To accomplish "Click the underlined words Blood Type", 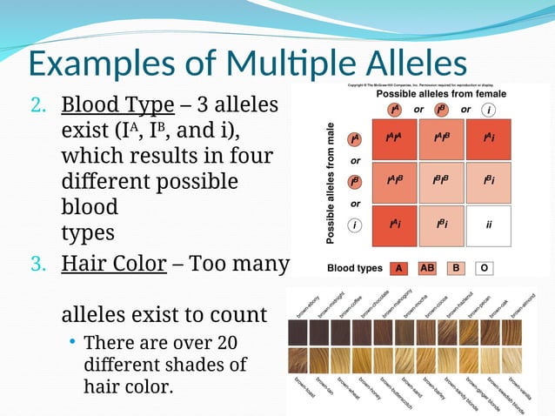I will pyautogui.click(x=117, y=105).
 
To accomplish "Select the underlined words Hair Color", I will pyautogui.click(x=113, y=263).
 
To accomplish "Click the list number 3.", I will pyautogui.click(x=40, y=264).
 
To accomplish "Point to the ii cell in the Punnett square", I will pyautogui.click(x=489, y=225).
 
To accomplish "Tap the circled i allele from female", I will pyautogui.click(x=490, y=110).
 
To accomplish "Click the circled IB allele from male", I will pyautogui.click(x=355, y=182).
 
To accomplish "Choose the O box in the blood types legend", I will pyautogui.click(x=484, y=267).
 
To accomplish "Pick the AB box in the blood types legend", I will pyautogui.click(x=428, y=267).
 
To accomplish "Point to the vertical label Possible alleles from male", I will pyautogui.click(x=331, y=181).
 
